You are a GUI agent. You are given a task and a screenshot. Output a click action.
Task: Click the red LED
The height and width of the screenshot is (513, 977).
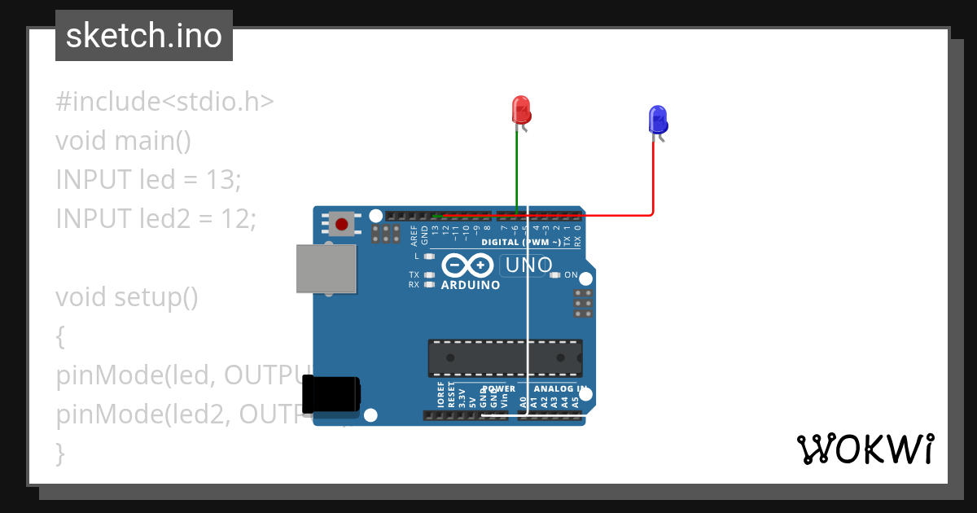click(520, 110)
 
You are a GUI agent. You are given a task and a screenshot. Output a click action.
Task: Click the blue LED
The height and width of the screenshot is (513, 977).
click(657, 120)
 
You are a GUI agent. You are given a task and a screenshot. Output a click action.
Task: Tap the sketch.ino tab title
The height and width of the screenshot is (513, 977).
click(144, 36)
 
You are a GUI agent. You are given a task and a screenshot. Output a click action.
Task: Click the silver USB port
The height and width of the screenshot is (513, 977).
click(326, 268)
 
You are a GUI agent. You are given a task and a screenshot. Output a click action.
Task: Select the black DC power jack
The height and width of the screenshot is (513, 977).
click(331, 393)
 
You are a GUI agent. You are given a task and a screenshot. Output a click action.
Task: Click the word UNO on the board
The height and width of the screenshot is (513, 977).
click(529, 265)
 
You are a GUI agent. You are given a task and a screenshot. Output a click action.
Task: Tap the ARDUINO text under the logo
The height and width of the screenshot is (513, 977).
click(471, 286)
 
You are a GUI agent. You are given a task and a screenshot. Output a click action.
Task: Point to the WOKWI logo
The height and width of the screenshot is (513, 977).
click(865, 449)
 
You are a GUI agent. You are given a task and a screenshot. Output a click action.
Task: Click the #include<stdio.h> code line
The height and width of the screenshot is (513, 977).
click(164, 102)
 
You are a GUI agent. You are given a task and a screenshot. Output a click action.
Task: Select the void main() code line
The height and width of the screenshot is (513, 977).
click(123, 141)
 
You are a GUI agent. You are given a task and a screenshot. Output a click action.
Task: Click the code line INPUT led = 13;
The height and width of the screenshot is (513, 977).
click(148, 179)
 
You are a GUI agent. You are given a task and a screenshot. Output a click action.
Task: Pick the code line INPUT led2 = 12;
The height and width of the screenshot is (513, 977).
click(156, 218)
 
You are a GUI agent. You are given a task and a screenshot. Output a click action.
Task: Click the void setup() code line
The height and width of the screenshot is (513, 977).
click(127, 297)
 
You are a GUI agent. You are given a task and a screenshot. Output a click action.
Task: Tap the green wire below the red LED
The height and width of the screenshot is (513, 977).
click(517, 171)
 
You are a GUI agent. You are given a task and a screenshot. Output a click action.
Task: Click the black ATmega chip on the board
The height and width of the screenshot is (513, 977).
click(505, 358)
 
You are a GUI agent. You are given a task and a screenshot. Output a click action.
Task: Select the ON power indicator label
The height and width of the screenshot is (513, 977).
click(571, 275)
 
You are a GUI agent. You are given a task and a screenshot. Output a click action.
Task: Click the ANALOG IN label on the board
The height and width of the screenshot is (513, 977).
click(560, 389)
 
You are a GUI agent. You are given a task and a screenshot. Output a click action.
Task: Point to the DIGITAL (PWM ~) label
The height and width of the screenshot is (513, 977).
click(521, 243)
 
